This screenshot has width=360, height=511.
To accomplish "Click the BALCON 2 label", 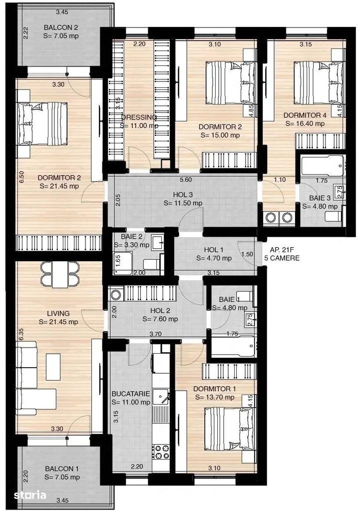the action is tap(61, 27).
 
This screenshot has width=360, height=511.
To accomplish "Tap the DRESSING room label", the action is tap(139, 117).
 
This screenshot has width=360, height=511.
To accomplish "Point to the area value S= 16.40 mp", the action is tap(305, 123).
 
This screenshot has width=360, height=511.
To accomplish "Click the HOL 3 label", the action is tap(183, 194).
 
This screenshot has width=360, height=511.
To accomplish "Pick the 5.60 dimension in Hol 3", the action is tap(186, 179).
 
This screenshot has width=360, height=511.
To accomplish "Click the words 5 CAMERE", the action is tap(282, 258).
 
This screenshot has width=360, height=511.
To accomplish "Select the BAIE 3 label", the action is tap(320, 198).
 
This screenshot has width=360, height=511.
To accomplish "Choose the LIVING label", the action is tap(58, 313).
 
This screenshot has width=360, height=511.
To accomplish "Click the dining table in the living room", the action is tap(59, 275).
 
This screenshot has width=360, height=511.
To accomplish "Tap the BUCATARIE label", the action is tap(131, 394).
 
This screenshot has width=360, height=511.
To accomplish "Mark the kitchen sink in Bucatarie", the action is tap(161, 397).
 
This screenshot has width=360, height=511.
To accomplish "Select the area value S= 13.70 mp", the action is tap(215, 397).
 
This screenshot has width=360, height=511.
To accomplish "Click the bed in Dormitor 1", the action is tap(229, 429).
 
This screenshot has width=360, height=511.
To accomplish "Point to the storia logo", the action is tap(30, 495).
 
